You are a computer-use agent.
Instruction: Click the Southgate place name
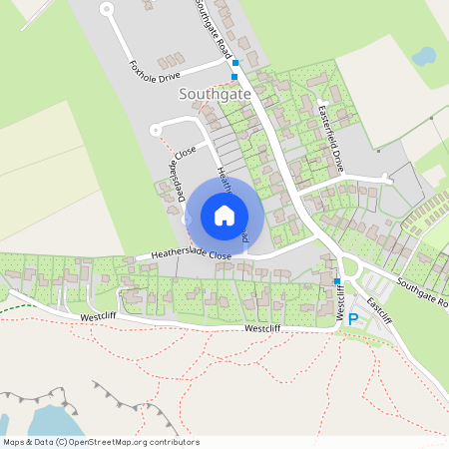coord(214,93)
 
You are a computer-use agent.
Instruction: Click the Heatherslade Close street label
coord(191,255)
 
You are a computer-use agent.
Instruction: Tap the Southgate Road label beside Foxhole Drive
coord(214,28)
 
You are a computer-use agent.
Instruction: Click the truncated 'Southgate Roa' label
coord(422,292)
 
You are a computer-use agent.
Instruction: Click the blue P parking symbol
coord(351,322)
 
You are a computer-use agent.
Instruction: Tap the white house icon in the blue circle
coord(224,215)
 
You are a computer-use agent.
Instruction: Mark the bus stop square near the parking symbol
coord(337,280)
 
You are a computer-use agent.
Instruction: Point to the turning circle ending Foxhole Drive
coord(107,9)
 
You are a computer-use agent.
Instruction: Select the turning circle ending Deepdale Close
coord(155,129)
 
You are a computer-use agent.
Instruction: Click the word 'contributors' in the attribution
coord(174,442)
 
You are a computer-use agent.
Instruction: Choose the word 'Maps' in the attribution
coord(14,442)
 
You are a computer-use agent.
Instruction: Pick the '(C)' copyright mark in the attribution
coord(62,442)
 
